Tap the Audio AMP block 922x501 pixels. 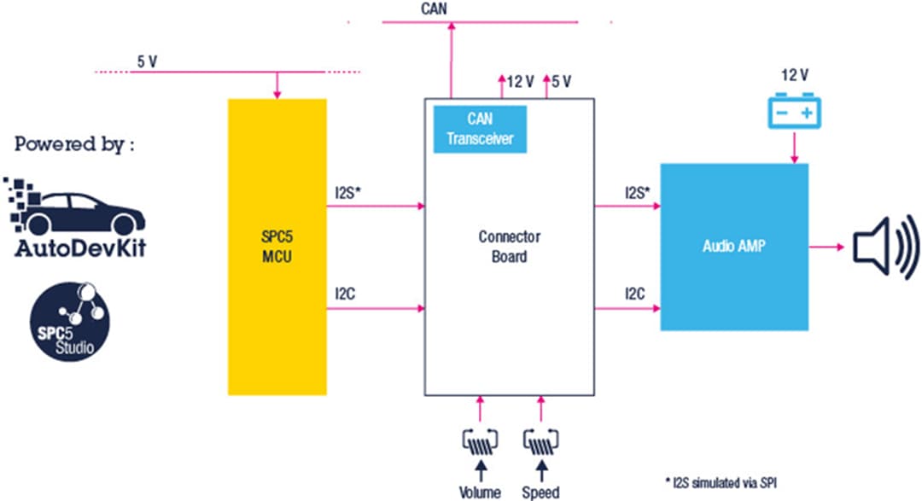tap(734, 246)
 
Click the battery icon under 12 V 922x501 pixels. tap(794, 113)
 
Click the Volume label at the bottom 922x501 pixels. tap(479, 492)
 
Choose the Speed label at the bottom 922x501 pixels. tap(541, 492)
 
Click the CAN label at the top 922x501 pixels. tap(434, 9)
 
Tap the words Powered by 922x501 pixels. tap(74, 143)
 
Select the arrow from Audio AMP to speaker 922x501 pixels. tap(825, 248)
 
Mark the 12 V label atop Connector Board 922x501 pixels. tap(520, 82)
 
